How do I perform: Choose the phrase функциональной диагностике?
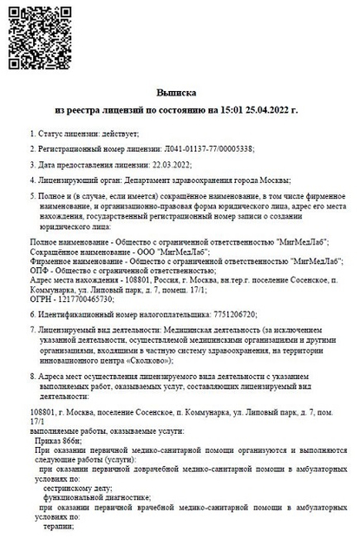(88, 501)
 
